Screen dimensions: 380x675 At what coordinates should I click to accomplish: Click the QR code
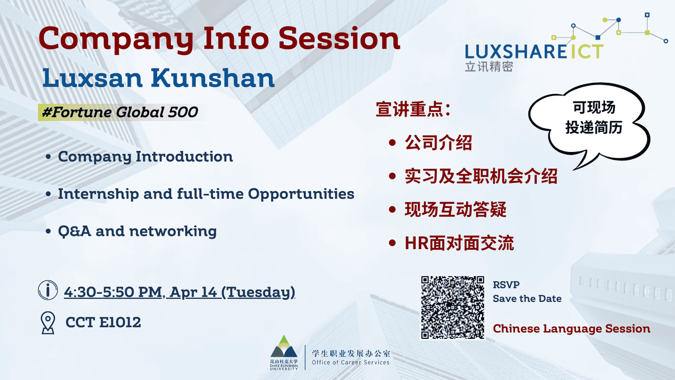pyautogui.click(x=452, y=307)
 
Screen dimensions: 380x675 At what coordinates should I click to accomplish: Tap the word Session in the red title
pyautogui.click(x=339, y=39)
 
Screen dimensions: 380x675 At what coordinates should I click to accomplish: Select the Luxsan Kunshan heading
pyautogui.click(x=159, y=78)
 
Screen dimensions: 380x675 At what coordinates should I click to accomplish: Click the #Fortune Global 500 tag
pyautogui.click(x=119, y=112)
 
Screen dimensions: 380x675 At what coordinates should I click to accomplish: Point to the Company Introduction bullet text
pyautogui.click(x=146, y=157)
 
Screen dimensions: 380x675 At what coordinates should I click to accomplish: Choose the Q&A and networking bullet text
pyautogui.click(x=137, y=231)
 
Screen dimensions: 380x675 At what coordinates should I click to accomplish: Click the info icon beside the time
pyautogui.click(x=48, y=291)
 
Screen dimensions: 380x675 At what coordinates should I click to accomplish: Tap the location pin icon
pyautogui.click(x=48, y=322)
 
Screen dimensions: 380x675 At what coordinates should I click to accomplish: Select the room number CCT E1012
pyautogui.click(x=103, y=322)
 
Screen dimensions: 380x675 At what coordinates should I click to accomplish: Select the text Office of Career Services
pyautogui.click(x=350, y=363)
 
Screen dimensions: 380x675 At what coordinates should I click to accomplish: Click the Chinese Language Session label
pyautogui.click(x=571, y=329)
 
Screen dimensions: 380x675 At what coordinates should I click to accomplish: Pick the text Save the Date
pyautogui.click(x=527, y=299)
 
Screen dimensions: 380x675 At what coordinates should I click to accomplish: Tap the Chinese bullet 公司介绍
pyautogui.click(x=438, y=143)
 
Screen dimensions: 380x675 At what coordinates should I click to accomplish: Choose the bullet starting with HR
pyautogui.click(x=459, y=243)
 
